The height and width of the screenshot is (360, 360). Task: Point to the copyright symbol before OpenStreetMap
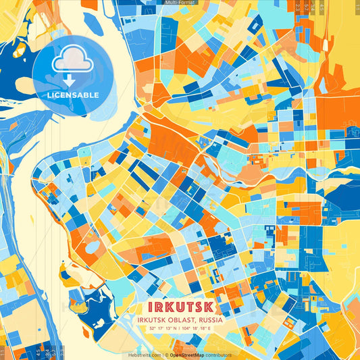coord(166,355)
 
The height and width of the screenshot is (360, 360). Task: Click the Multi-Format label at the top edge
coord(180,3)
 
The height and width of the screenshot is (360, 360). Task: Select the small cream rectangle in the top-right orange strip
coord(326,45)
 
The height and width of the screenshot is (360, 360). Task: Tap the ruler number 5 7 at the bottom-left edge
coord(47,351)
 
